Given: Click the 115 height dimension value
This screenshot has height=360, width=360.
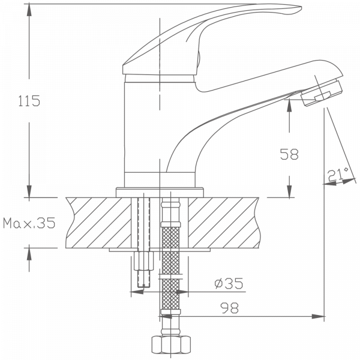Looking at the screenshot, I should [29, 101].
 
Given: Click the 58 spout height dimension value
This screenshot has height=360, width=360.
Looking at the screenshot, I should [289, 154].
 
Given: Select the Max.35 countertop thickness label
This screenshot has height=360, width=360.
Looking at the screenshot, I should [29, 224].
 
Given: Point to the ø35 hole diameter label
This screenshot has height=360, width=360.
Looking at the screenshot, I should [229, 284].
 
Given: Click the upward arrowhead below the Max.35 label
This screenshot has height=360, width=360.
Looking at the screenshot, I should [29, 251].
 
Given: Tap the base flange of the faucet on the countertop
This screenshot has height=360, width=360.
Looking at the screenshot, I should [159, 191].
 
